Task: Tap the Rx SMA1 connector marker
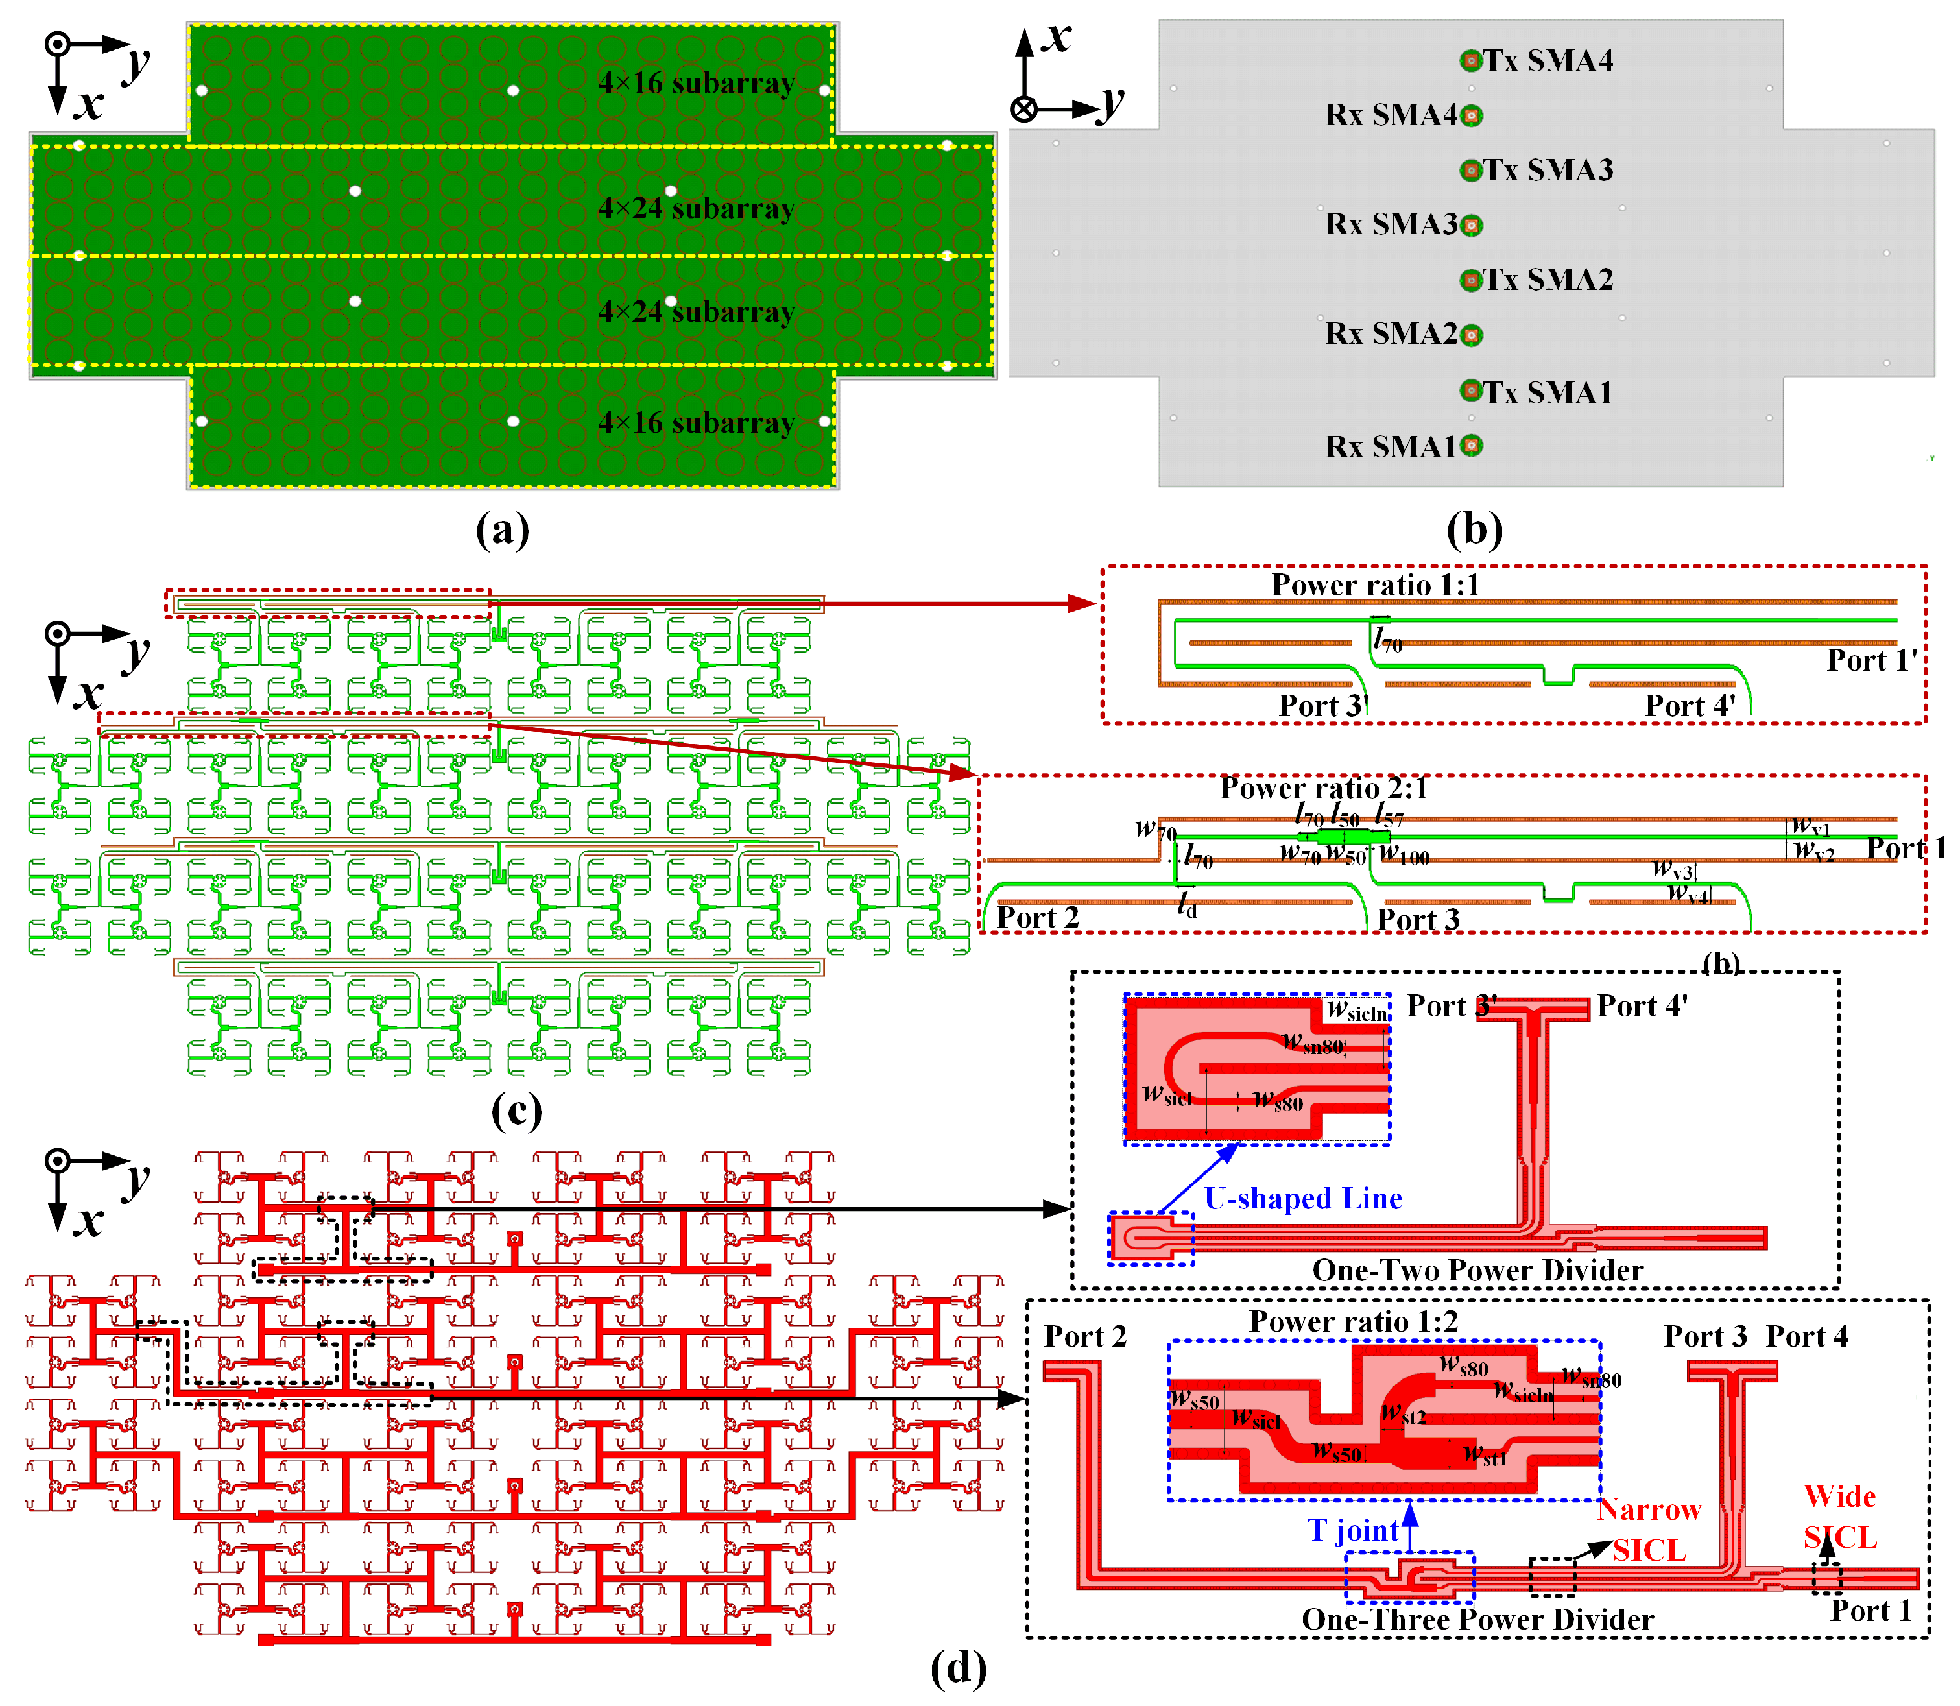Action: [x=1472, y=446]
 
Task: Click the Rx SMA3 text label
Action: [x=1391, y=224]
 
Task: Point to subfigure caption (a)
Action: [x=501, y=529]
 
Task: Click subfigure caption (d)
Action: [x=958, y=1667]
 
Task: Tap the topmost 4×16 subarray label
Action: [x=696, y=84]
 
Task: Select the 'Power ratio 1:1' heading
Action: [x=1376, y=584]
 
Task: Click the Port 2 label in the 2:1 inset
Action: [x=1036, y=918]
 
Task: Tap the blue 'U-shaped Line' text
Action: [x=1302, y=1199]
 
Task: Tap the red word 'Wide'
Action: [x=1839, y=1496]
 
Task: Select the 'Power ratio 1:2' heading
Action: [x=1353, y=1321]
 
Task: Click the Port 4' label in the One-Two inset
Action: [x=1642, y=1006]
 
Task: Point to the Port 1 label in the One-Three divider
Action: [x=1870, y=1611]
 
